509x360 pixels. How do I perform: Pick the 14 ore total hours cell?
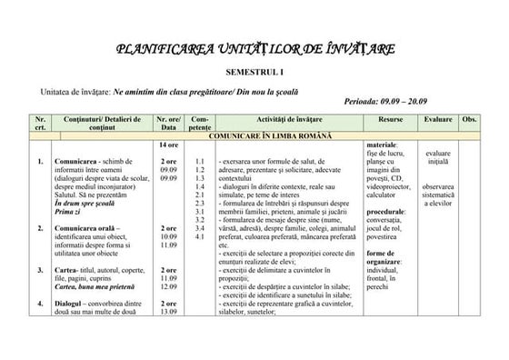pyautogui.click(x=168, y=145)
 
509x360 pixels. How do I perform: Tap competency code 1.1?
pyautogui.click(x=200, y=162)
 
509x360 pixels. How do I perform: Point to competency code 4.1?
pyautogui.click(x=200, y=236)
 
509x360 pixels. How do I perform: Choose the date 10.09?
pyautogui.click(x=168, y=236)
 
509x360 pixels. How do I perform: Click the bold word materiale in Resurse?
pyautogui.click(x=382, y=145)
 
